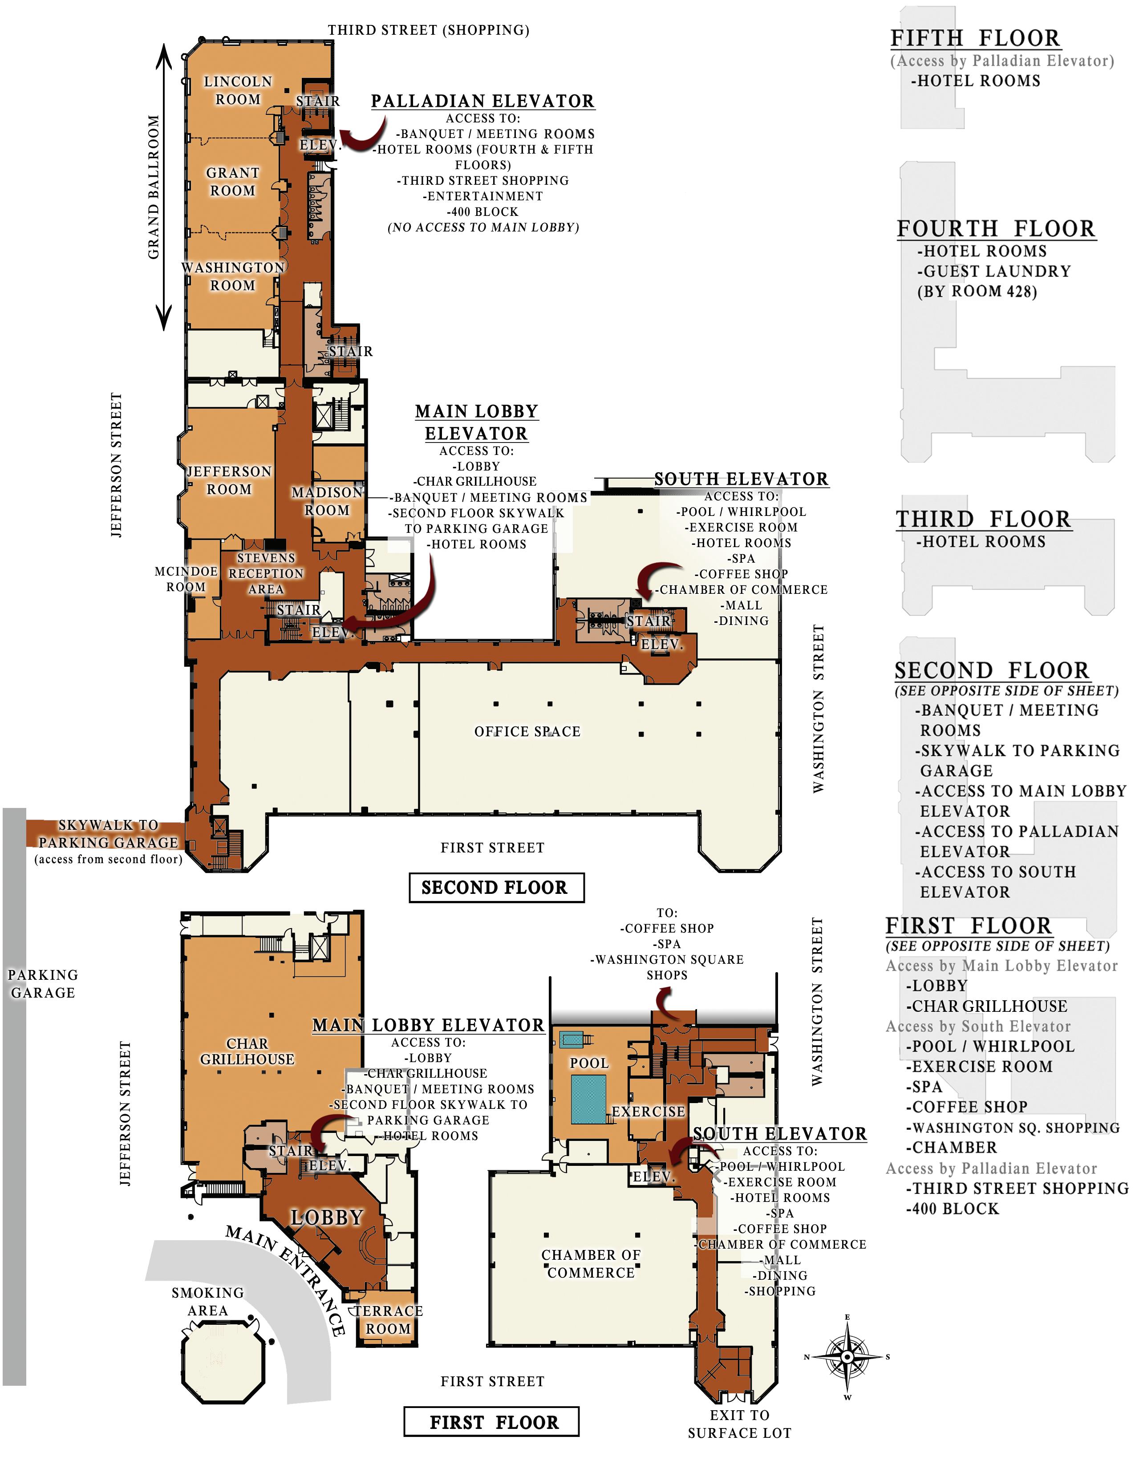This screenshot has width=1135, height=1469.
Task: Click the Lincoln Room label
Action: pyautogui.click(x=238, y=90)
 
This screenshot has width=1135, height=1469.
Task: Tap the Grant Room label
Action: pyautogui.click(x=233, y=182)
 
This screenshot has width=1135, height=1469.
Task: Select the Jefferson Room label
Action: pyautogui.click(x=229, y=480)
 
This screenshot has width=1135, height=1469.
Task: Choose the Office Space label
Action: pyautogui.click(x=527, y=731)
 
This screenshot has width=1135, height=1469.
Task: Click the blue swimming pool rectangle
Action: pyautogui.click(x=588, y=1099)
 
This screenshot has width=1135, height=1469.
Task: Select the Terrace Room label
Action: pyautogui.click(x=388, y=1320)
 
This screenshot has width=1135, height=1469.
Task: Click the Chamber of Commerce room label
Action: pyautogui.click(x=591, y=1263)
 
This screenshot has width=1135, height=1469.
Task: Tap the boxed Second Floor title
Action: pyautogui.click(x=496, y=887)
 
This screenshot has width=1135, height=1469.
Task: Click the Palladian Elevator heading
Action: pyautogui.click(x=483, y=101)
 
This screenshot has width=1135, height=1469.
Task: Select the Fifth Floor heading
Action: pyautogui.click(x=976, y=38)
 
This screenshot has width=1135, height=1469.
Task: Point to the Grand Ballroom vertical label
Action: pyautogui.click(x=154, y=187)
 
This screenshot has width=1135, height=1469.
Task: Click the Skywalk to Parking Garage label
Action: pyautogui.click(x=108, y=833)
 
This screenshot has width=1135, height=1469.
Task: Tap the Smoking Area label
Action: pyautogui.click(x=208, y=1301)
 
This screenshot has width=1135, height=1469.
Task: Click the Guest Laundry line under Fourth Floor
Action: pyautogui.click(x=994, y=271)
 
